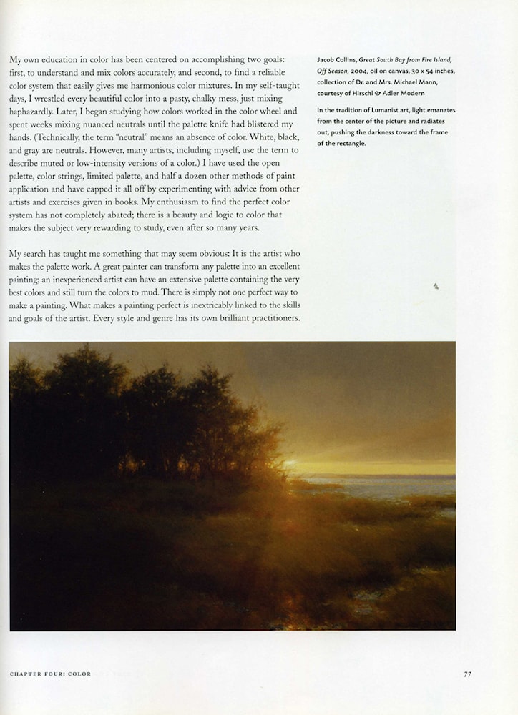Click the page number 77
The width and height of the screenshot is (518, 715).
click(x=467, y=674)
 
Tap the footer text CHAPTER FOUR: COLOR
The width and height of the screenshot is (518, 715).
click(x=50, y=674)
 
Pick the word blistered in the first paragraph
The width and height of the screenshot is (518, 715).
click(x=256, y=124)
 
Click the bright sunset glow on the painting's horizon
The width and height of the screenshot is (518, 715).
click(x=300, y=463)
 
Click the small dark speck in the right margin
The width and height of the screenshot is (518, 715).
click(x=436, y=287)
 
